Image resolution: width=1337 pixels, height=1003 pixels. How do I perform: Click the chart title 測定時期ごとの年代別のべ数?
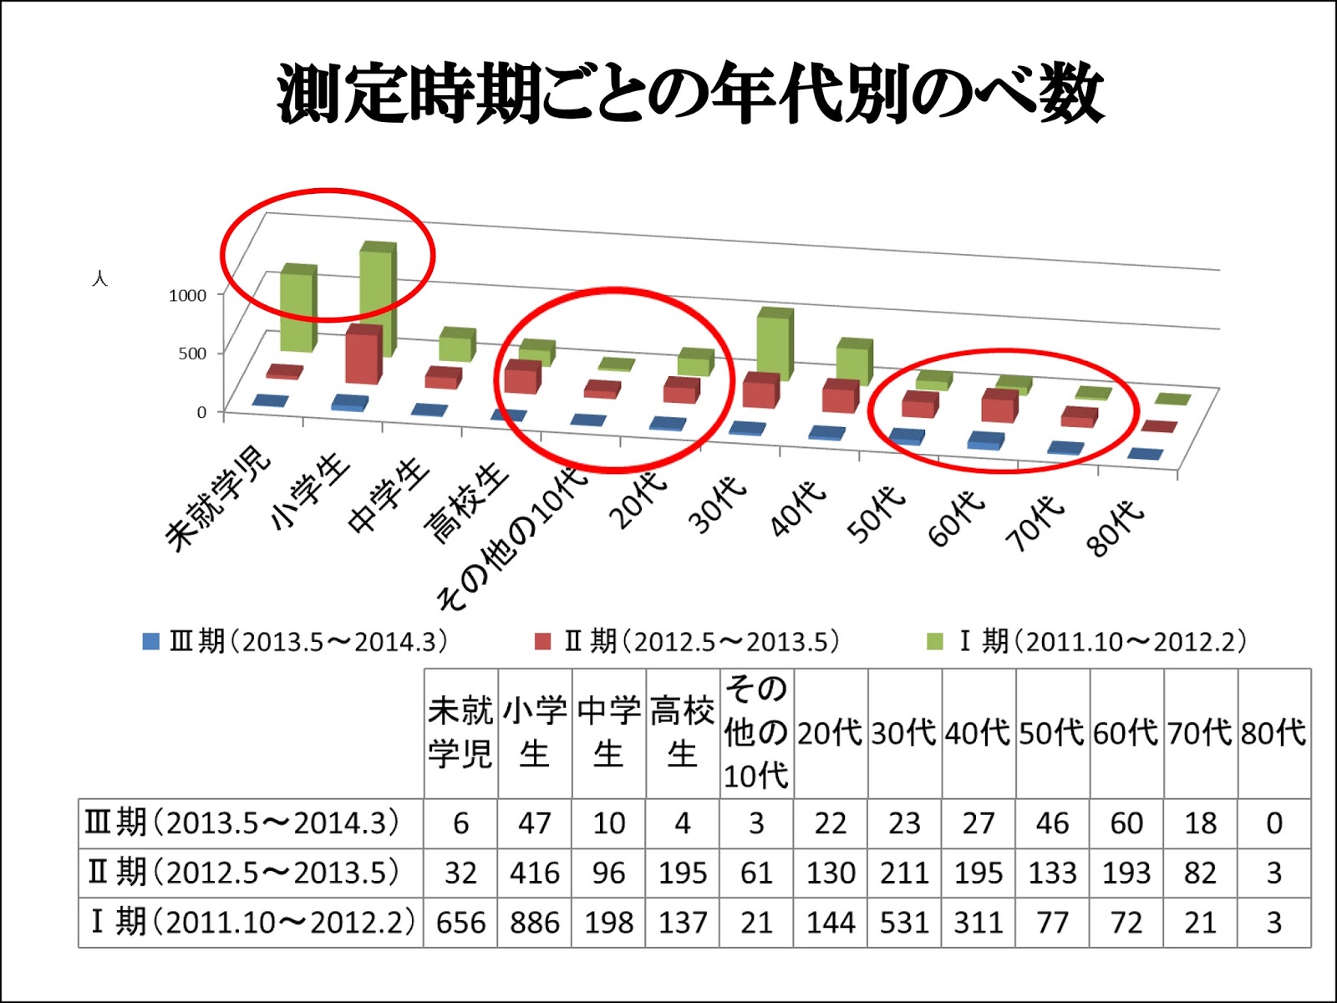tap(690, 94)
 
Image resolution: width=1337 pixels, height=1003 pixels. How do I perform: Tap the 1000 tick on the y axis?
tap(187, 295)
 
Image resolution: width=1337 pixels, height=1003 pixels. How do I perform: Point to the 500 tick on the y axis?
tap(192, 354)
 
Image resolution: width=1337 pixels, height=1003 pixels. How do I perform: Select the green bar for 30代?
tap(774, 345)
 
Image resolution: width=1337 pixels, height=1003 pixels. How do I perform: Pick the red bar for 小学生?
tap(363, 355)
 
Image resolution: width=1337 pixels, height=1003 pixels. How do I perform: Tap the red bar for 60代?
tap(999, 406)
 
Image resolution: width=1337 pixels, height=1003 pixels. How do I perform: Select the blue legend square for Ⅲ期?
tap(151, 642)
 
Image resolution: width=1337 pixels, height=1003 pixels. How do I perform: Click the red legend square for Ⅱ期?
tap(543, 642)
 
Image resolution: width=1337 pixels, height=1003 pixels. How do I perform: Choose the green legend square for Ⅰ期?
tap(935, 642)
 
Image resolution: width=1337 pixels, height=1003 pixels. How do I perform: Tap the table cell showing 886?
tap(534, 923)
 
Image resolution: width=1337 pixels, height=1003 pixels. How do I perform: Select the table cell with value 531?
tap(904, 923)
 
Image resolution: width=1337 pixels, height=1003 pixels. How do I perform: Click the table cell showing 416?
tap(534, 873)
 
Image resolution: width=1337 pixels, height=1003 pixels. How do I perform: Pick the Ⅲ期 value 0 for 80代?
tap(1273, 823)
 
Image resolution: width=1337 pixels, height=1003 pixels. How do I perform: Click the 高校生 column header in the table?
tap(682, 733)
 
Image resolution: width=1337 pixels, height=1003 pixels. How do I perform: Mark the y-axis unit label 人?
tap(99, 278)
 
